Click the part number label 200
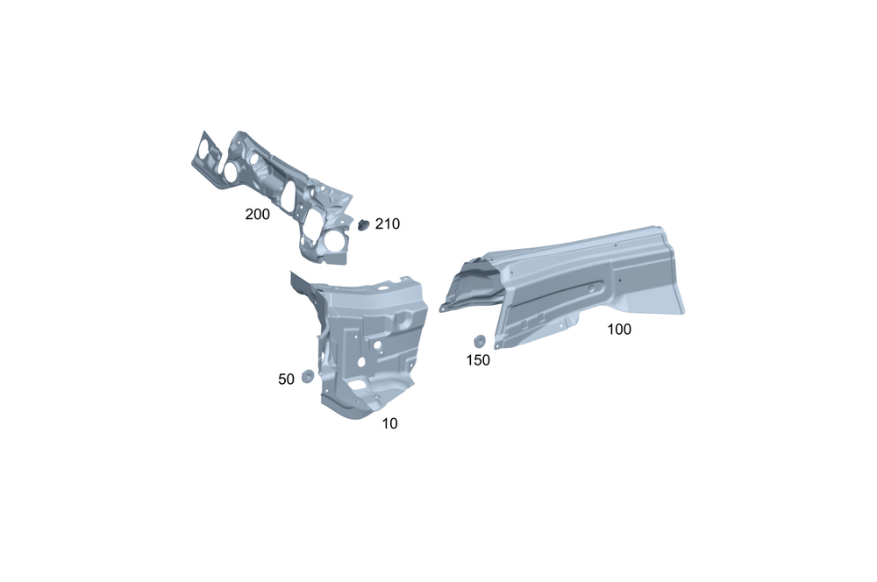[x=257, y=214]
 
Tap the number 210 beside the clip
[x=387, y=224]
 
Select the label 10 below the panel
[x=390, y=423]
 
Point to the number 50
[x=286, y=379]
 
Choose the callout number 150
[x=478, y=360]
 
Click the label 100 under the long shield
[x=619, y=330]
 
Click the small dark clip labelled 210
[x=364, y=224]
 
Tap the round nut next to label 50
[x=307, y=376]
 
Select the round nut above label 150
[x=480, y=341]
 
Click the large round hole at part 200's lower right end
[x=336, y=239]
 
